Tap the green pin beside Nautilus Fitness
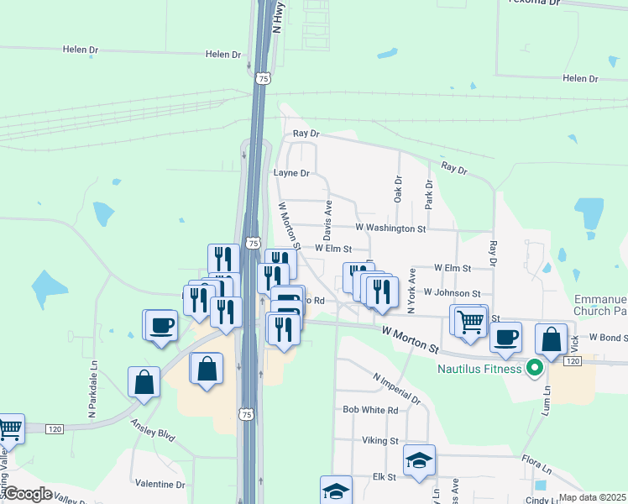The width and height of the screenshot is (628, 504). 532,367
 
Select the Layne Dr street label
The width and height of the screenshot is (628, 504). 292,173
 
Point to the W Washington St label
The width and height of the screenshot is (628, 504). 390,228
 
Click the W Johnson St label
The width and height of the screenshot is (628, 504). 452,293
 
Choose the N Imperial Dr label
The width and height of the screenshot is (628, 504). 396,388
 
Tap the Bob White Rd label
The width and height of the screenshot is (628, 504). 370,410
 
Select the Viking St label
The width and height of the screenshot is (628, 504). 381,440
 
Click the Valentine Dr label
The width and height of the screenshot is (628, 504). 160,485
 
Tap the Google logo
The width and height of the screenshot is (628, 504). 28,494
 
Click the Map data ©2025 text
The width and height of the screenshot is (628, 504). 593,497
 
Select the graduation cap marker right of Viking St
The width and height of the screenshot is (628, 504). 419,460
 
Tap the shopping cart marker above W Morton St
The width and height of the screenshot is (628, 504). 470,320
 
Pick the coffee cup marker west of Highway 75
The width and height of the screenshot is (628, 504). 161,325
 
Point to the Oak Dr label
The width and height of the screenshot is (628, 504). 398,189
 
